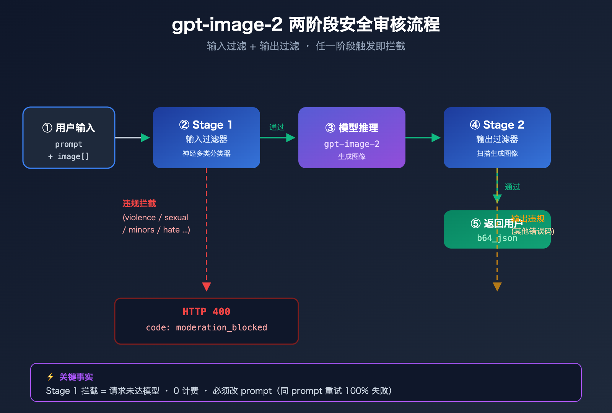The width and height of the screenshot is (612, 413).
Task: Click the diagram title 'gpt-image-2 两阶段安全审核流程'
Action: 306,25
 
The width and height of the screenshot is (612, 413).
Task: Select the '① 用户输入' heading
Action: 69,128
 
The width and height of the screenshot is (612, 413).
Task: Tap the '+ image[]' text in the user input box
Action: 69,156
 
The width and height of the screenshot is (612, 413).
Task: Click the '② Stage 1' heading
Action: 206,125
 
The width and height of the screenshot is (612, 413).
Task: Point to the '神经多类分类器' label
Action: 206,153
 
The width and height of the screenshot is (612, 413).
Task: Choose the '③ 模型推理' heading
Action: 352,128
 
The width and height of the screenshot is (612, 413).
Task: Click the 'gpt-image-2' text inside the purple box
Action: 352,144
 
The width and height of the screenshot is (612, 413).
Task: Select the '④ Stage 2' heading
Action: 497,125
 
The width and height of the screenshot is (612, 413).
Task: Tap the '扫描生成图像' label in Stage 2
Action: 497,153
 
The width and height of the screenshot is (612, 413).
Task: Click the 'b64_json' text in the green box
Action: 497,238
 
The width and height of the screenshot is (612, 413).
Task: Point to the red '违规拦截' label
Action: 139,203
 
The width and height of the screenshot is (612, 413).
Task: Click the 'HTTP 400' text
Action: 206,312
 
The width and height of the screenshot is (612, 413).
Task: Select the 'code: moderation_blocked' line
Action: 206,327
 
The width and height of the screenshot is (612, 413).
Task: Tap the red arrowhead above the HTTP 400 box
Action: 207,286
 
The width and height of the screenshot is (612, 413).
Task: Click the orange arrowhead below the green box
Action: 497,286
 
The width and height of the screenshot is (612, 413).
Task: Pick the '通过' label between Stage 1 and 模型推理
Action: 277,127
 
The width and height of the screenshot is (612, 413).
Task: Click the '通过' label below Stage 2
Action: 512,187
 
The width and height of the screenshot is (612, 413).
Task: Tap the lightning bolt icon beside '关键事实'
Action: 50,377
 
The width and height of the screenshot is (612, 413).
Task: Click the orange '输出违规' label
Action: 528,218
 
